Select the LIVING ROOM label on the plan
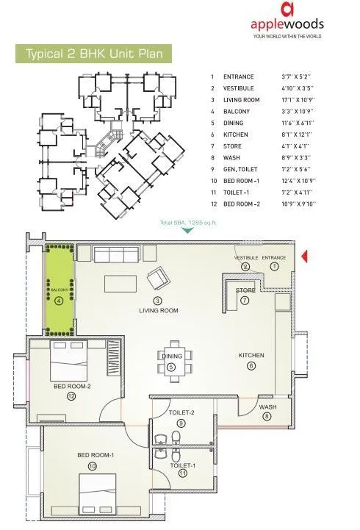click(159, 311)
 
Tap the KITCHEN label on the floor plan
click(251, 356)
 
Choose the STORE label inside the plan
click(245, 291)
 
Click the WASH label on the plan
click(267, 407)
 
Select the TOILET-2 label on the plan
click(181, 412)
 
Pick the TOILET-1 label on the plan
click(183, 465)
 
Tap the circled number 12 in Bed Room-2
click(71, 397)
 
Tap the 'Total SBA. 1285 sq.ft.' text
click(188, 222)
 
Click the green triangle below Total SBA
click(188, 230)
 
